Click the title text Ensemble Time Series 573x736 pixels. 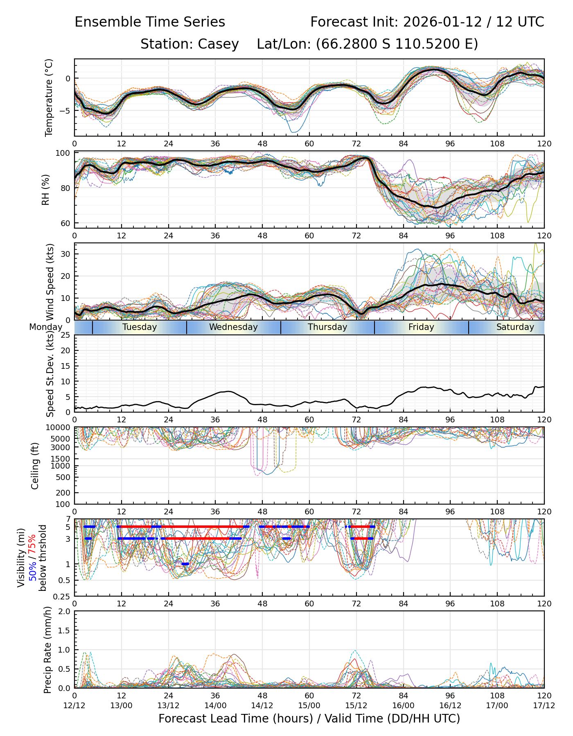tap(150, 22)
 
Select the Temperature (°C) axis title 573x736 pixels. tap(49, 97)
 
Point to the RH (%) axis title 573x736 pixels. tap(45, 190)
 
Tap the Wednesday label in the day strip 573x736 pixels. tap(233, 327)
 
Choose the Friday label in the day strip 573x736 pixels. tap(421, 327)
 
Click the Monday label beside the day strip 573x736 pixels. tap(45, 327)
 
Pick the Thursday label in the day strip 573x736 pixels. tap(327, 327)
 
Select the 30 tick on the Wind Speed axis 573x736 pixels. tap(65, 254)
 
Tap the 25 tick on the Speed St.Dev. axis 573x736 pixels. tap(65, 335)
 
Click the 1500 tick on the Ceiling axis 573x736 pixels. tap(62, 459)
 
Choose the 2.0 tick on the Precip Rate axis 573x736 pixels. tap(64, 612)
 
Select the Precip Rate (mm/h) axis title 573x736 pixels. tap(48, 650)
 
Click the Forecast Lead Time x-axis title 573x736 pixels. tap(309, 718)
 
